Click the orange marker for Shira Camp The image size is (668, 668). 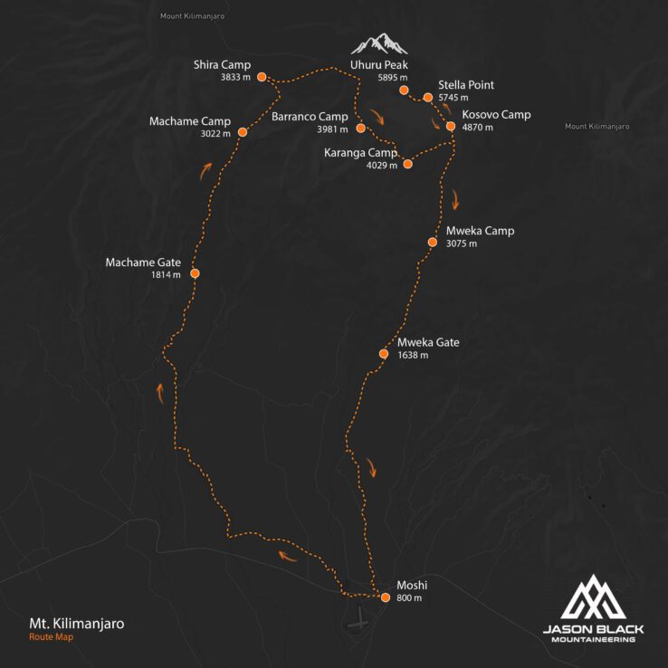(261, 78)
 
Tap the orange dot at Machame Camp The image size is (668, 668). (243, 132)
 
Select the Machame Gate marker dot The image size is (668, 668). (195, 273)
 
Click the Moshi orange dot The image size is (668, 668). (386, 597)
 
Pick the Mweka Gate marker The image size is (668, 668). (383, 355)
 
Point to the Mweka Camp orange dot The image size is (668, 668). (433, 243)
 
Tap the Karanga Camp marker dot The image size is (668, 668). (407, 164)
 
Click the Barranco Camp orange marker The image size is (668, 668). (360, 129)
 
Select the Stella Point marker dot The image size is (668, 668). (427, 97)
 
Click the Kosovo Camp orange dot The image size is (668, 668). (450, 126)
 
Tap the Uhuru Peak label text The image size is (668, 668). (379, 66)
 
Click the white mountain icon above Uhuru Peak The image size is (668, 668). (379, 43)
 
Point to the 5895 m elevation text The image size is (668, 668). (394, 79)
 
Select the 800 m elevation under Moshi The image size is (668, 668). (409, 598)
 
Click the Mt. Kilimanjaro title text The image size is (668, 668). (77, 624)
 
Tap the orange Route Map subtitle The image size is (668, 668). (51, 637)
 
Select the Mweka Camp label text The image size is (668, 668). (480, 231)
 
